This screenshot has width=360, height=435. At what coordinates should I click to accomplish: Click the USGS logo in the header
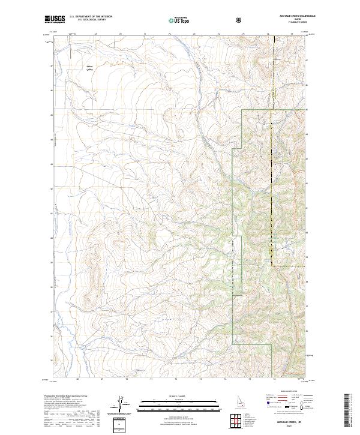coord(55,20)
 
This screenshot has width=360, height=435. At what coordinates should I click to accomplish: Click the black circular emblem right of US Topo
coord(240,20)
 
